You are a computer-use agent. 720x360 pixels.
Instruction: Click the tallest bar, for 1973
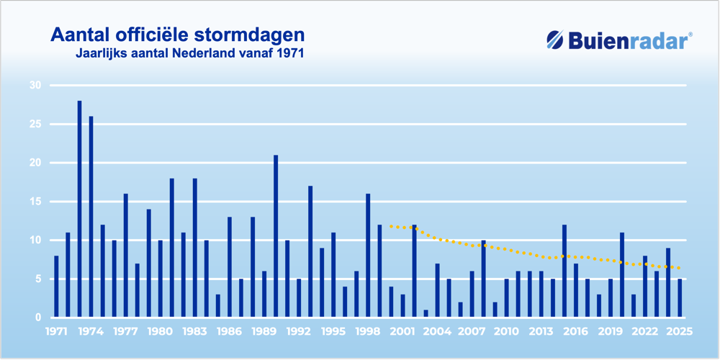[79, 209]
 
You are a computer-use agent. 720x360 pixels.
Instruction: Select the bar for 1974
[91, 217]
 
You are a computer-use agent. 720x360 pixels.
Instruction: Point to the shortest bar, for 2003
[426, 314]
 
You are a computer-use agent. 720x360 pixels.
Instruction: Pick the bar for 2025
[680, 298]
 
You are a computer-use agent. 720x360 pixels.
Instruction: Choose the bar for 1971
[56, 287]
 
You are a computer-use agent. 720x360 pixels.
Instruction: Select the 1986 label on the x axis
[229, 332]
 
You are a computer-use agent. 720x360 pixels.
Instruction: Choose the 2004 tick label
[437, 332]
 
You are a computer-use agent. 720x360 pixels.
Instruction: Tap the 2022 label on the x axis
[645, 332]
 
